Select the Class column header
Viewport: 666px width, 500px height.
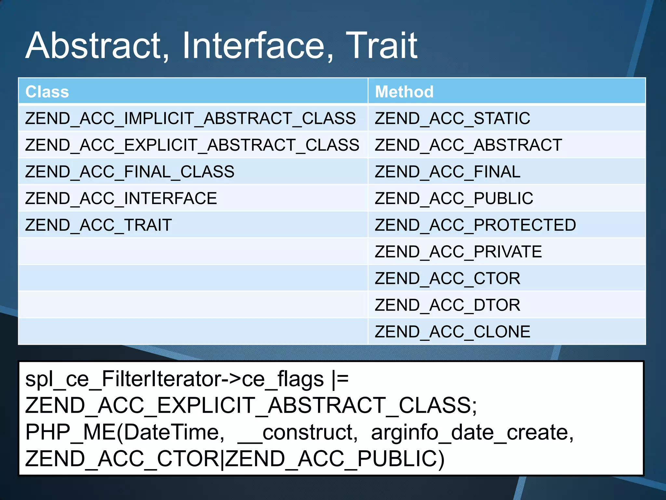click(47, 92)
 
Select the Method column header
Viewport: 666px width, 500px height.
click(404, 92)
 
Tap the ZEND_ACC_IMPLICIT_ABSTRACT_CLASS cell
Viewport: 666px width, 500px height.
click(190, 118)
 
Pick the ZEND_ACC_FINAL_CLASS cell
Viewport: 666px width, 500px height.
click(129, 172)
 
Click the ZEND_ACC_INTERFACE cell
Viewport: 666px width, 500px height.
click(121, 198)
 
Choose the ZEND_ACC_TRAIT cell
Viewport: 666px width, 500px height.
click(98, 225)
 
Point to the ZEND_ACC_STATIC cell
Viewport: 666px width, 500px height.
click(452, 118)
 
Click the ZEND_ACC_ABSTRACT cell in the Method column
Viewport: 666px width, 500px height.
click(468, 145)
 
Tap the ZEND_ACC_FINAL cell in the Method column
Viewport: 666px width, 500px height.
click(447, 172)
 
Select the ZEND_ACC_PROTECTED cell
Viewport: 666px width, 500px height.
click(475, 225)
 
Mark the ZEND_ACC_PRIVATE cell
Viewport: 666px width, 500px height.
click(458, 252)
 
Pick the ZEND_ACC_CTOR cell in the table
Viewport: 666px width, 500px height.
click(447, 278)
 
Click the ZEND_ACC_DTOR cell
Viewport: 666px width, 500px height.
click(447, 305)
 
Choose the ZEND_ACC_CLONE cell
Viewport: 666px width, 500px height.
click(452, 332)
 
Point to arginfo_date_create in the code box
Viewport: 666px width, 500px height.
click(472, 433)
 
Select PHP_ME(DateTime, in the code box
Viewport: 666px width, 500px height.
click(125, 433)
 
